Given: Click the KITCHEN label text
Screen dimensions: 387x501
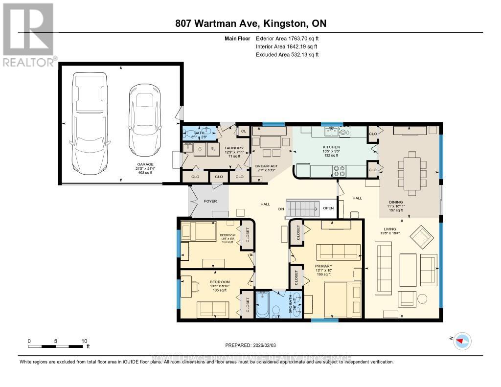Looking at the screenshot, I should coord(331,147).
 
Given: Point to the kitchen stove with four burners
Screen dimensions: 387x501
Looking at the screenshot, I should coord(339,171).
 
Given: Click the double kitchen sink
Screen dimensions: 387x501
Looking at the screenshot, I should coord(332,132).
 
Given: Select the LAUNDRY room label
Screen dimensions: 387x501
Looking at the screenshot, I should coord(234,147).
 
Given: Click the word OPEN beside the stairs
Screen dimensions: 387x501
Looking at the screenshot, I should coord(328,208).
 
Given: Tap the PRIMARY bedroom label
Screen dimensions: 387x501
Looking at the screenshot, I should coord(323,266).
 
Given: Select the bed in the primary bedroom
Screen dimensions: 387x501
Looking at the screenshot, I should coord(342,298).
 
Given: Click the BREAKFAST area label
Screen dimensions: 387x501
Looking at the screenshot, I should coord(267,166).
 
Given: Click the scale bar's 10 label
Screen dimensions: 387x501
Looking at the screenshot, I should coord(84,341).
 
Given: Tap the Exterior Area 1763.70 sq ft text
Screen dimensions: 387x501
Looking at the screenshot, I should coord(287,38).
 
